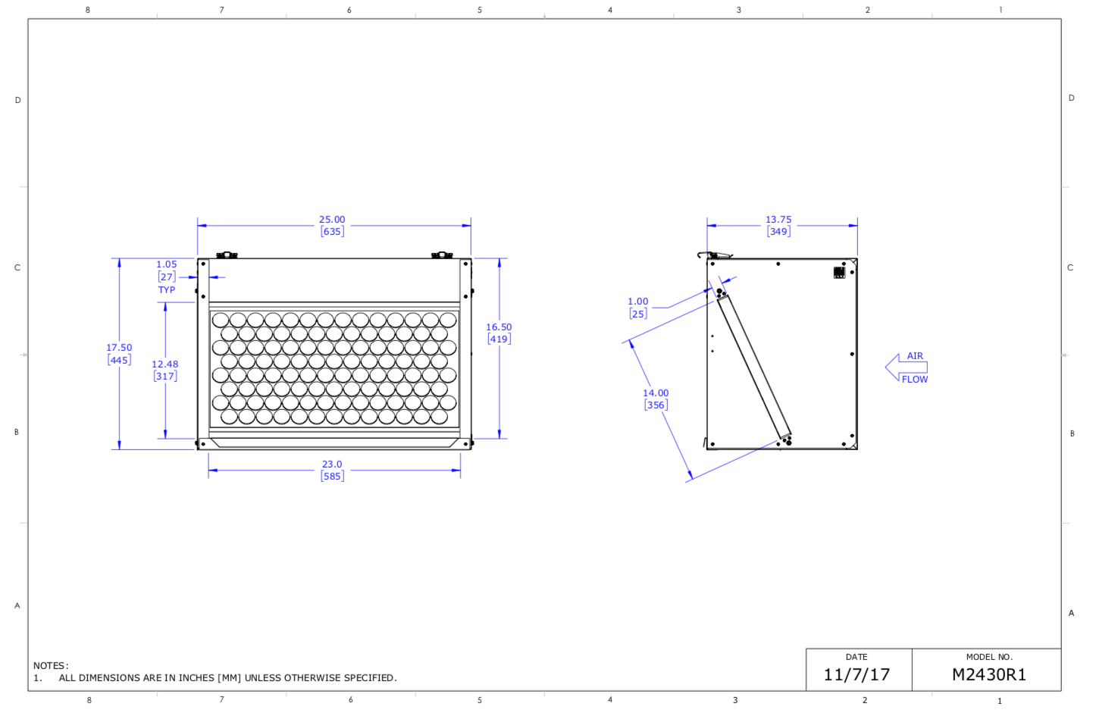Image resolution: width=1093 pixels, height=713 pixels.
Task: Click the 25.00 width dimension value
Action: (332, 220)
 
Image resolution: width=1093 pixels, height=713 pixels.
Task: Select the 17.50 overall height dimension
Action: (119, 348)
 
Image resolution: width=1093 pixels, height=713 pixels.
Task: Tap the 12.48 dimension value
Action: (165, 364)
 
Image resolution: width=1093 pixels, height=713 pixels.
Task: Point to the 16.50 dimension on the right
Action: (499, 327)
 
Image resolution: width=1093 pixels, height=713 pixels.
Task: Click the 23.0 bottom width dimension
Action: (332, 464)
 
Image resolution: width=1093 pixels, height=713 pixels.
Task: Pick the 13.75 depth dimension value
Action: (778, 220)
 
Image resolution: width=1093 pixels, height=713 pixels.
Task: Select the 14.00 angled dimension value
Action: (656, 393)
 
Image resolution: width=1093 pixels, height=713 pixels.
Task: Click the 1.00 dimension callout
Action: (637, 302)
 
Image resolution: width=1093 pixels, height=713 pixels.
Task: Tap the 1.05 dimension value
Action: (167, 264)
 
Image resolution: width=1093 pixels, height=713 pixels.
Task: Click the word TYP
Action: (167, 290)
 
